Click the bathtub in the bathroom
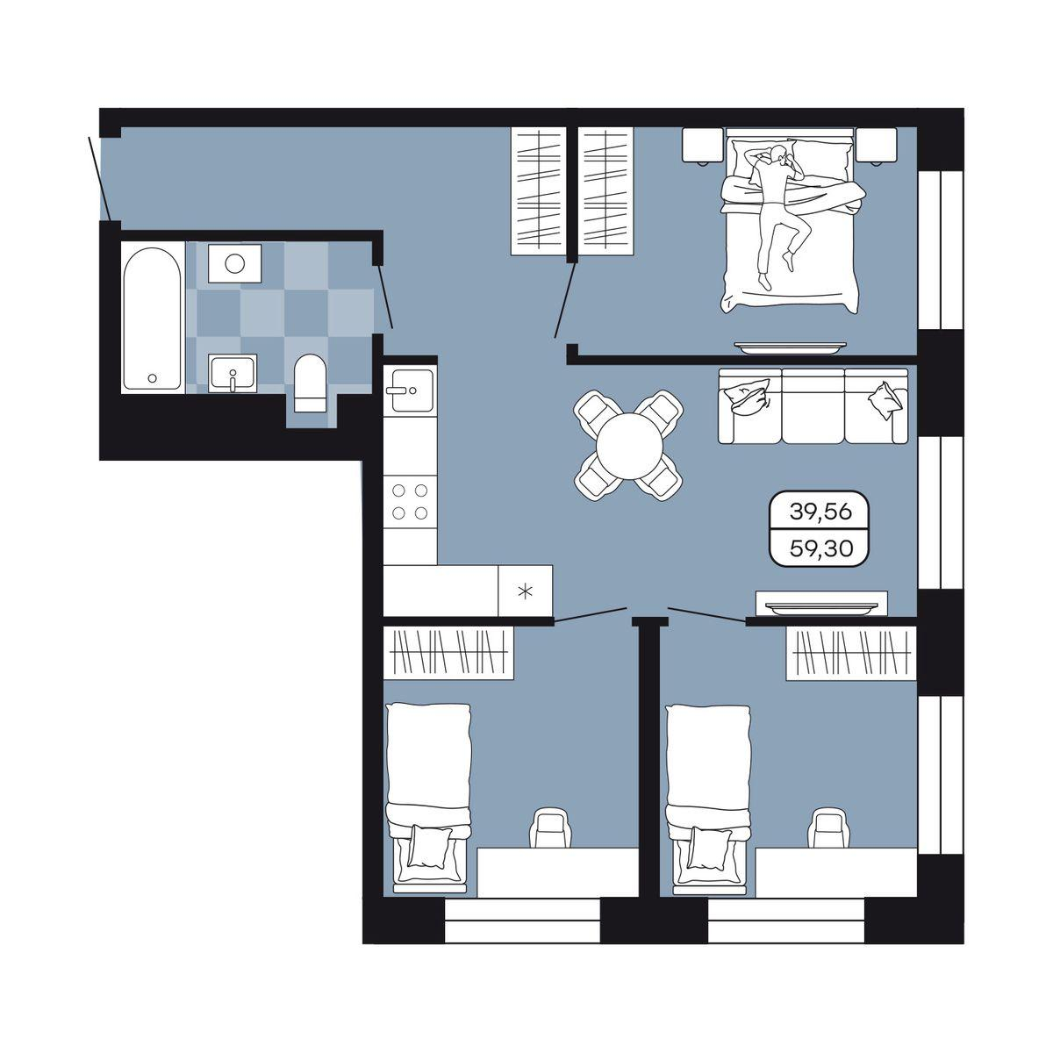click(x=152, y=318)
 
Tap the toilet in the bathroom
click(x=309, y=383)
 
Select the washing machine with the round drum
click(x=235, y=263)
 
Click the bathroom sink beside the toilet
click(x=233, y=373)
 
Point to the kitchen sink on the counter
click(x=411, y=390)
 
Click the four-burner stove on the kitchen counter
click(x=410, y=502)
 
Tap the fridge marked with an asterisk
click(x=525, y=591)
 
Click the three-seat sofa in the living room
click(x=813, y=405)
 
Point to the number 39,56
click(x=820, y=512)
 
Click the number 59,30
click(x=820, y=548)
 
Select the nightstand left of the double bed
click(x=703, y=146)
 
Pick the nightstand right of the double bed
click(x=877, y=146)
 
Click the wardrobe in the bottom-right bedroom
click(x=851, y=653)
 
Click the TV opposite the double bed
click(x=790, y=347)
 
